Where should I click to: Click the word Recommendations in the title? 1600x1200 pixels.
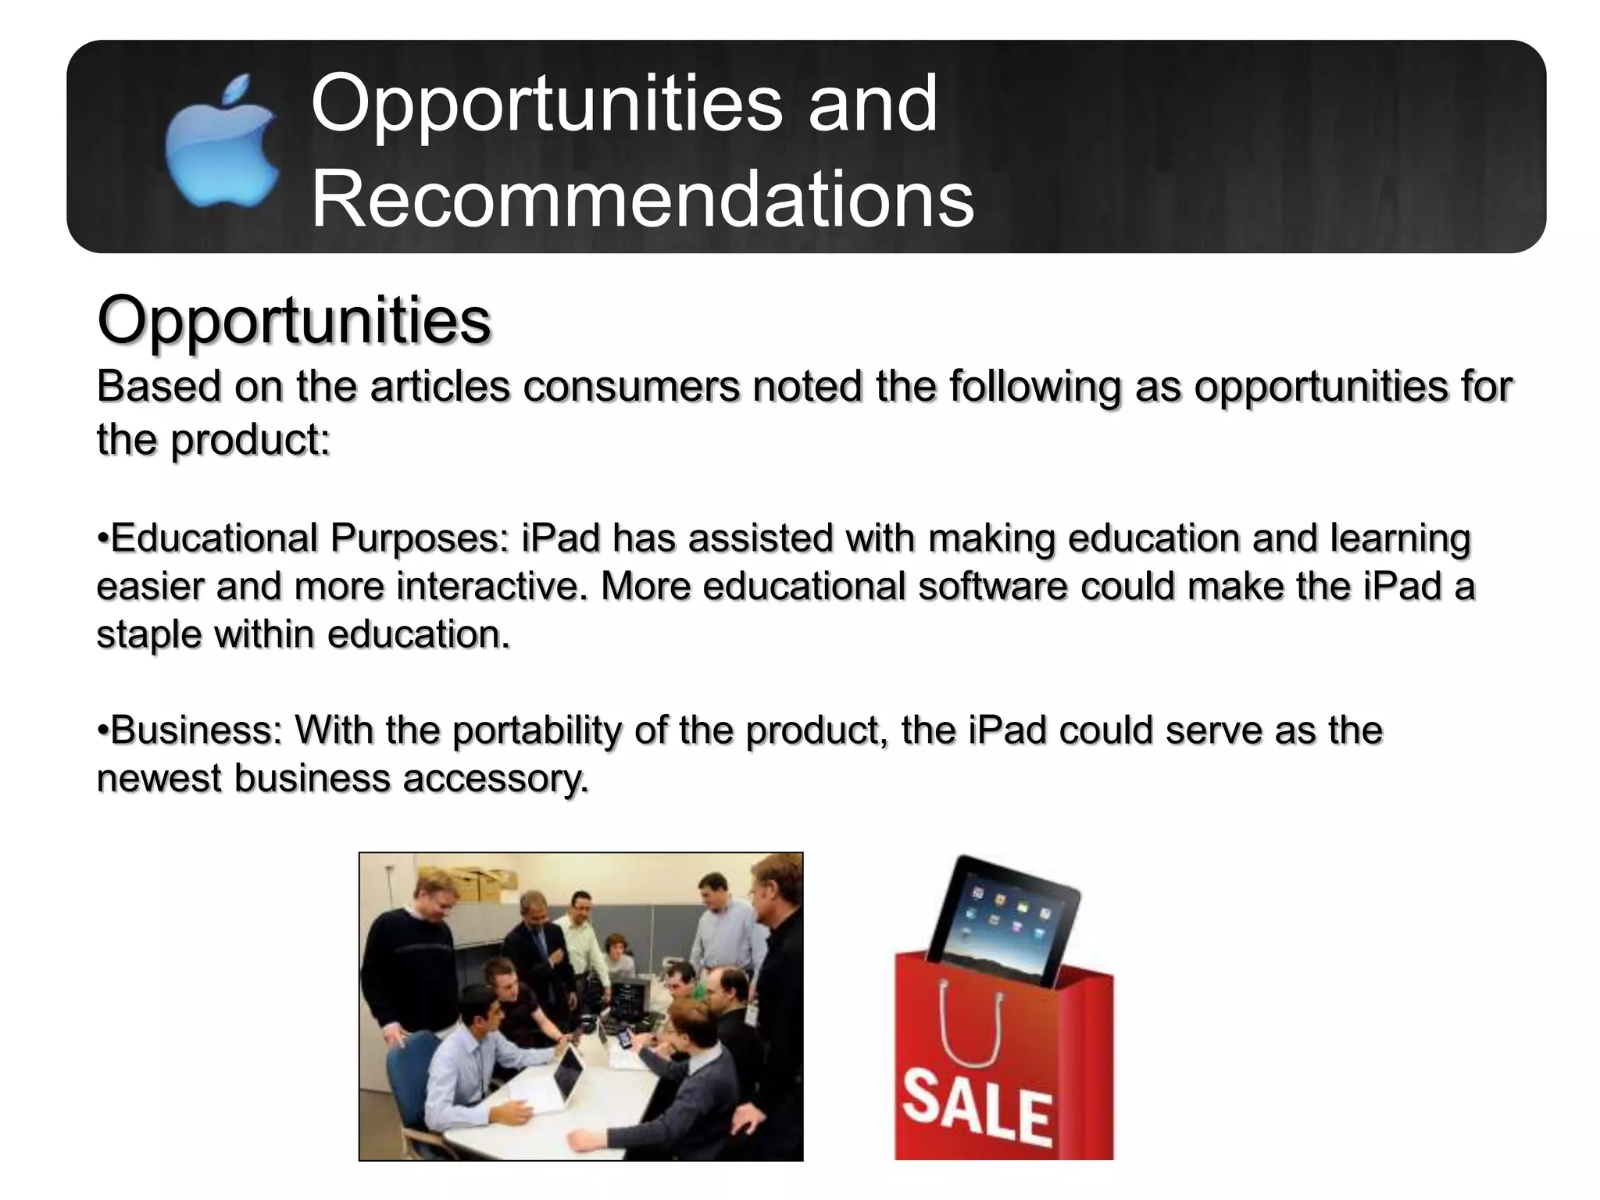click(x=642, y=200)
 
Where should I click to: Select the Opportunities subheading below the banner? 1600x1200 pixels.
click(x=294, y=320)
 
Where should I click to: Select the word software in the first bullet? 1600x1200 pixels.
click(x=992, y=587)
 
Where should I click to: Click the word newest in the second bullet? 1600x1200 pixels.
click(x=159, y=779)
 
